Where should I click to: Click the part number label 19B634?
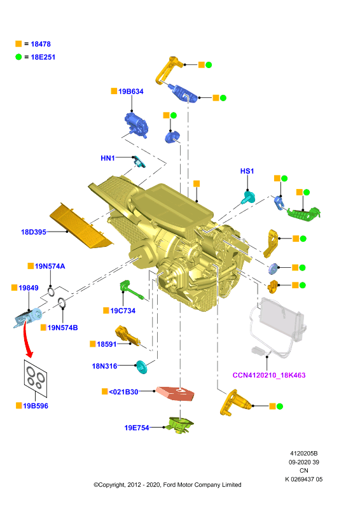pyautogui.click(x=130, y=92)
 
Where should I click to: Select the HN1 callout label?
pyautogui.click(x=107, y=158)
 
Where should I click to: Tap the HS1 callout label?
pyautogui.click(x=247, y=171)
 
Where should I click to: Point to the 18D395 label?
pyautogui.click(x=34, y=232)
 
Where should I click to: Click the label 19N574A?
pyautogui.click(x=50, y=266)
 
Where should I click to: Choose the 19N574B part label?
pyautogui.click(x=63, y=328)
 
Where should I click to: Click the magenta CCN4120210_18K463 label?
pyautogui.click(x=269, y=375)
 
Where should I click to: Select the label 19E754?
pyautogui.click(x=137, y=428)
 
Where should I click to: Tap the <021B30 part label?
pyautogui.click(x=123, y=392)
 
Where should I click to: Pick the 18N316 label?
pyautogui.click(x=104, y=366)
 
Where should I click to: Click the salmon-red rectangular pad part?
pyautogui.click(x=175, y=393)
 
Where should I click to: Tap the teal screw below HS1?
pyautogui.click(x=248, y=197)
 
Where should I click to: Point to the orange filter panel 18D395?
pyautogui.click(x=81, y=227)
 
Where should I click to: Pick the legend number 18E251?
pyautogui.click(x=43, y=57)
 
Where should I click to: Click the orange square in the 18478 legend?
pyautogui.click(x=18, y=44)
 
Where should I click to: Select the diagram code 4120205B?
pyautogui.click(x=304, y=454)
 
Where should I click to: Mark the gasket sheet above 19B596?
pyautogui.click(x=36, y=378)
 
